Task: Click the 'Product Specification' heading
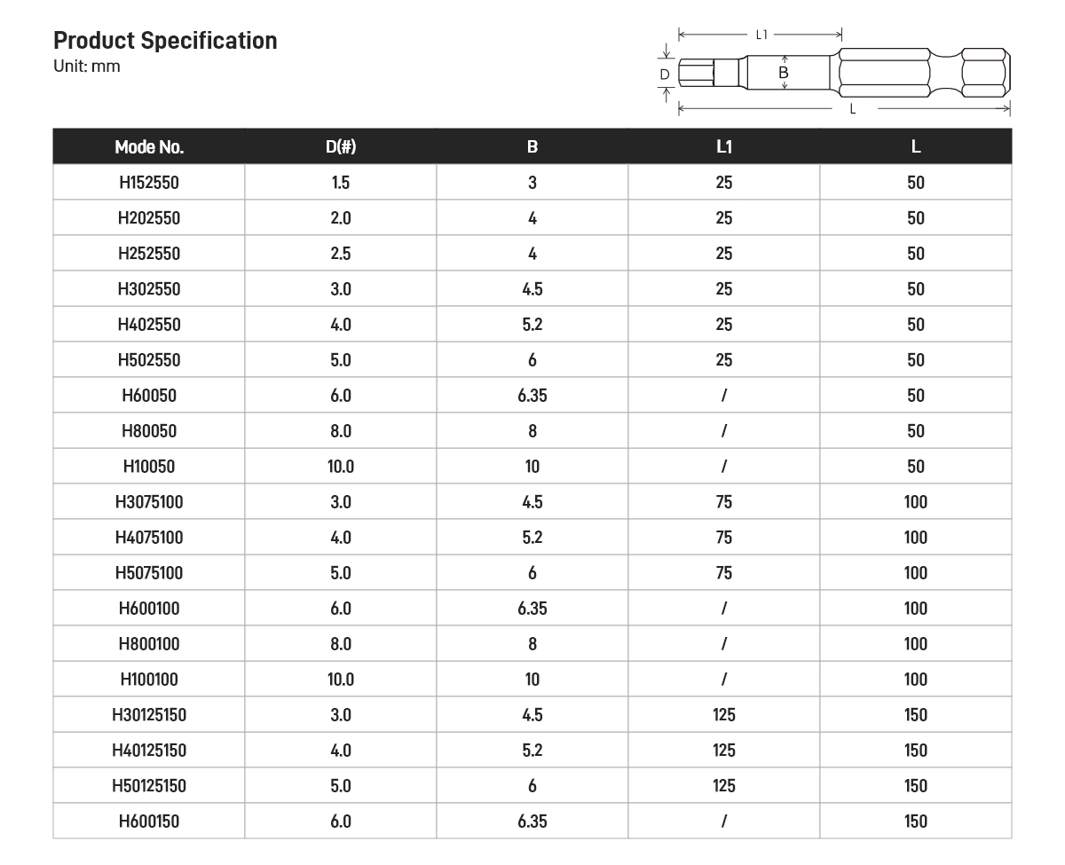(x=165, y=41)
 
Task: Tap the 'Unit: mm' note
(x=87, y=67)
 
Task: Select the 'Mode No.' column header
(x=149, y=147)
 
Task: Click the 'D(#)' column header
(x=341, y=147)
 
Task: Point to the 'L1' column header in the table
(x=724, y=147)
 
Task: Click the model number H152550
(x=149, y=183)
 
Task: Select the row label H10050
(x=149, y=467)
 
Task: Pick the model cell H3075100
(x=149, y=502)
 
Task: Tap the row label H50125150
(x=149, y=786)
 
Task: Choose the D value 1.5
(x=341, y=183)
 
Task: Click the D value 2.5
(x=341, y=254)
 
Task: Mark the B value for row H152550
(x=532, y=183)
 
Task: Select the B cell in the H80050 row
(x=532, y=431)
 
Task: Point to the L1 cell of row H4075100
(x=724, y=538)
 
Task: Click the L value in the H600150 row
(x=916, y=822)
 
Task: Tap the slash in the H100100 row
(x=724, y=680)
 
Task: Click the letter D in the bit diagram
(x=665, y=75)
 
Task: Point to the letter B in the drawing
(x=784, y=73)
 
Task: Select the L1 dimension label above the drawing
(x=761, y=35)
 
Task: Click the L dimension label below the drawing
(x=853, y=109)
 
